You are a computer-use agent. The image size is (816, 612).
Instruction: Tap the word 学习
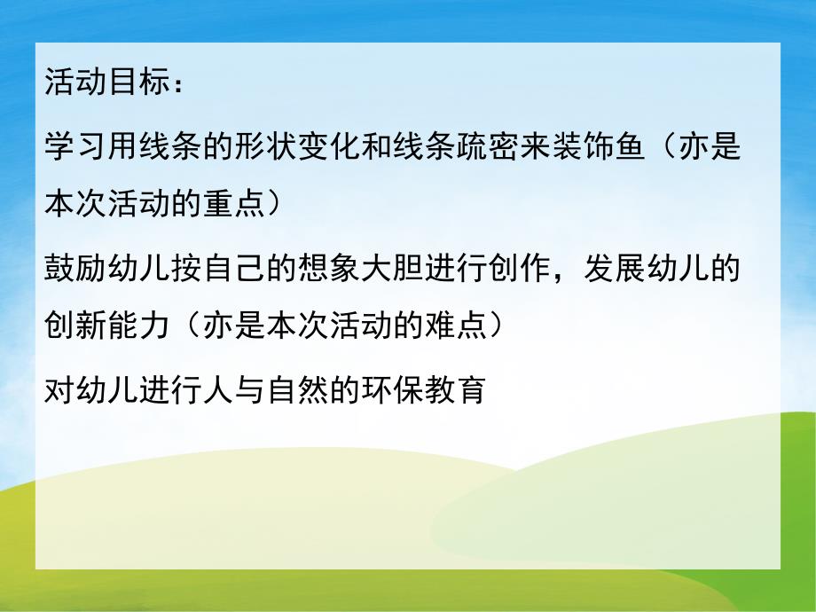pos(73,145)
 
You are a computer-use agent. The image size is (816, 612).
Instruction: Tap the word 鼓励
pos(73,267)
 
